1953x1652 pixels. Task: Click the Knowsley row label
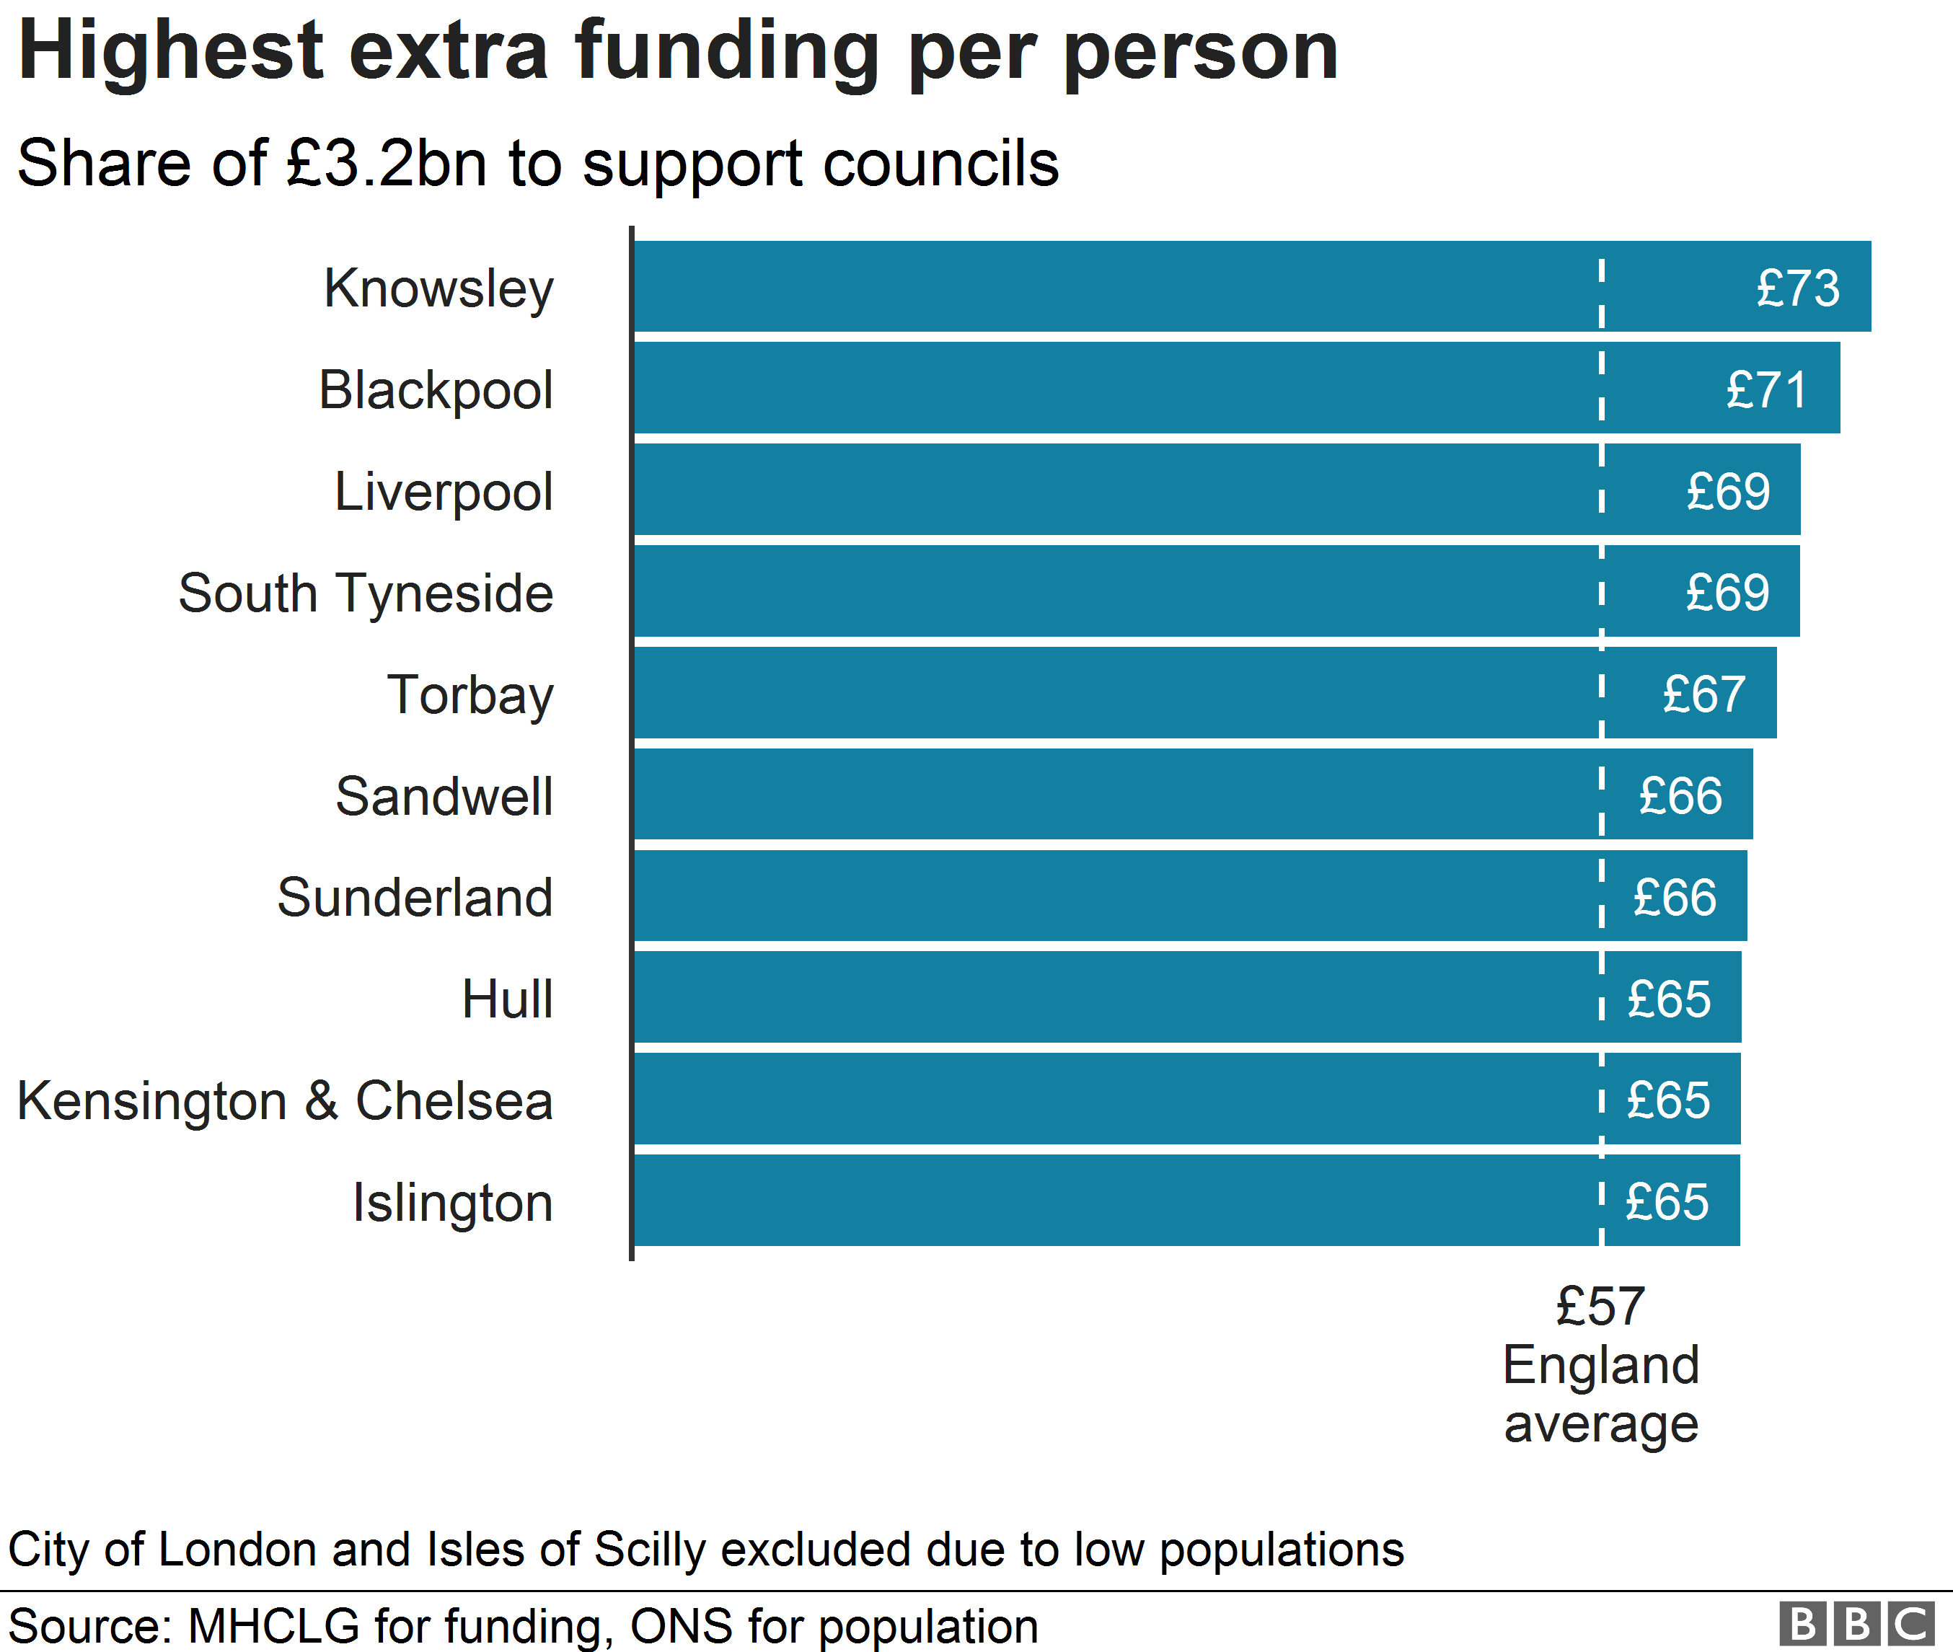coord(438,288)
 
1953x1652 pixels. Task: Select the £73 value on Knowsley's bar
coord(1797,288)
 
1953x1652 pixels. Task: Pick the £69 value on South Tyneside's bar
coord(1727,593)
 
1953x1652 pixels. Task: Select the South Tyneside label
coord(366,593)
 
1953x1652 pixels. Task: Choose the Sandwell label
coord(444,796)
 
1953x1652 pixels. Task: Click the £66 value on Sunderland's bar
coord(1674,897)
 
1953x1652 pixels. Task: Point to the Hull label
coord(507,999)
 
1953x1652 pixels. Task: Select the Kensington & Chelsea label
coord(285,1100)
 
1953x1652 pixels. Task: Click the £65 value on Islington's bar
coord(1667,1203)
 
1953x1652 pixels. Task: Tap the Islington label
coord(452,1203)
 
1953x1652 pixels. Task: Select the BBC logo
coord(1856,1624)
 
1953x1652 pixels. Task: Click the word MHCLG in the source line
coord(273,1627)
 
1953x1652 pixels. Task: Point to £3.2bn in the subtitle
coord(387,164)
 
